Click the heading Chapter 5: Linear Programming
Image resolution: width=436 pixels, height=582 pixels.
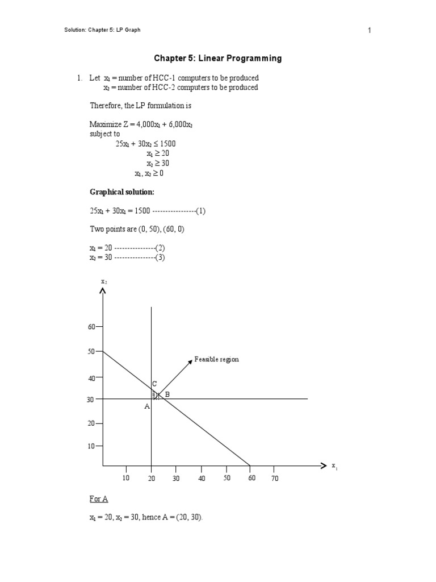tap(218, 59)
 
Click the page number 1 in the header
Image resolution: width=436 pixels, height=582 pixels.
tap(369, 31)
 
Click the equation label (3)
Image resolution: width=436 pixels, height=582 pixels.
tap(160, 257)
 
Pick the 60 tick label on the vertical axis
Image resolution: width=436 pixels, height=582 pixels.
tap(91, 327)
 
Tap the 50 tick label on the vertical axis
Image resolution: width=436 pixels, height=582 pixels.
tap(91, 352)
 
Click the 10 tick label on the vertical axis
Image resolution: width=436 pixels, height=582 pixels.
tap(91, 446)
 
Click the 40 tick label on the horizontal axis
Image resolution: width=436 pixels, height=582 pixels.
tap(202, 479)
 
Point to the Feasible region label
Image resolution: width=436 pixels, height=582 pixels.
tap(216, 359)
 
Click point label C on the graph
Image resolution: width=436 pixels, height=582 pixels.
tap(154, 384)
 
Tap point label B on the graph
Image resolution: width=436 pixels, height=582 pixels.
tap(167, 394)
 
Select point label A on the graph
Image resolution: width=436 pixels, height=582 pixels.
tap(146, 406)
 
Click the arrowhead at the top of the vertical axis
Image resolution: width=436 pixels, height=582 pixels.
tap(102, 291)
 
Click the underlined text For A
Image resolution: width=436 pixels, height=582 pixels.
tap(98, 499)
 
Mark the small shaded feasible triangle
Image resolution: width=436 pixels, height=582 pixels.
tap(155, 394)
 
